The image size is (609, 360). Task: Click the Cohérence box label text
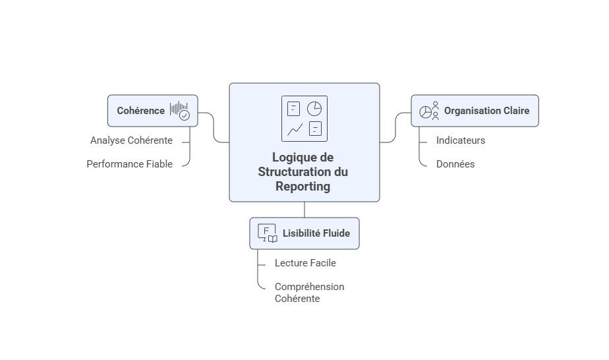click(x=140, y=111)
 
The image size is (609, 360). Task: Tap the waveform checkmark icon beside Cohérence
click(x=179, y=111)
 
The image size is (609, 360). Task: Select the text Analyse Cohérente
click(x=131, y=140)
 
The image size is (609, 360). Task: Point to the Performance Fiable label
click(x=129, y=164)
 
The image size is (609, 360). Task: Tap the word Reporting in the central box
click(x=303, y=187)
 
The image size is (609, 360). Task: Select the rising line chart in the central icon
click(x=295, y=129)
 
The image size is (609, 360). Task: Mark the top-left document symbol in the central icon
click(x=294, y=108)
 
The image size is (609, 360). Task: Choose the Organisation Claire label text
click(x=486, y=111)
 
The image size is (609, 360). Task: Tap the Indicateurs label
click(x=461, y=140)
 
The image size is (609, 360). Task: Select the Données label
click(x=455, y=164)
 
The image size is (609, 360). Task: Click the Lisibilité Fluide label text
click(x=316, y=233)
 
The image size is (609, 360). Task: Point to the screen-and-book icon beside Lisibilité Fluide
click(x=267, y=233)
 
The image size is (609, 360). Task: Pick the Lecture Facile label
click(x=305, y=263)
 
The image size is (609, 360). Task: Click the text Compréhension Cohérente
click(x=308, y=292)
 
